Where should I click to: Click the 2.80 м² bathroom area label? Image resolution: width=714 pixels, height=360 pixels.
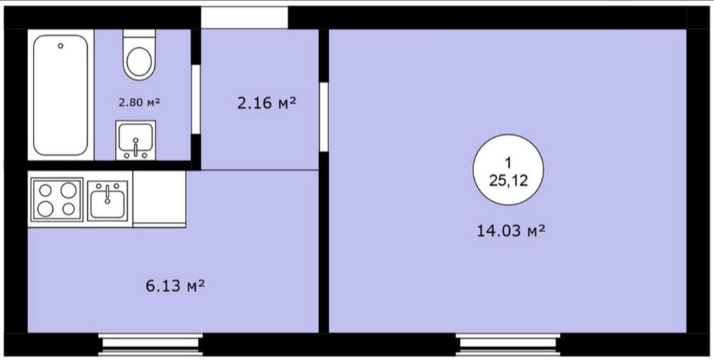click(139, 103)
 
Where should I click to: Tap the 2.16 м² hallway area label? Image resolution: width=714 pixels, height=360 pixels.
click(266, 104)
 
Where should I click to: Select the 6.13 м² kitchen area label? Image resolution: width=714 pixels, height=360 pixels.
click(175, 286)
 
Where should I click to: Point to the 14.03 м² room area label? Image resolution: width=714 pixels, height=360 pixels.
click(511, 231)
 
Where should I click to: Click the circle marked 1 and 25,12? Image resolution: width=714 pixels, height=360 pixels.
click(508, 169)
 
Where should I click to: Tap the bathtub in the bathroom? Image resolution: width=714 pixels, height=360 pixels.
click(60, 95)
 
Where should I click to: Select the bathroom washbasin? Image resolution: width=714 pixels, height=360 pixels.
click(136, 140)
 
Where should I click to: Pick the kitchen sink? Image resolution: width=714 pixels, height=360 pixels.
click(108, 201)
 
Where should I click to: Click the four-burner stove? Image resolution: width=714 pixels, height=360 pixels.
click(57, 199)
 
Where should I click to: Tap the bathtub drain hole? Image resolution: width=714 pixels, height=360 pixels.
click(60, 46)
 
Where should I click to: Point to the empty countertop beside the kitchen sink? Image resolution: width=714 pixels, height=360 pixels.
click(159, 199)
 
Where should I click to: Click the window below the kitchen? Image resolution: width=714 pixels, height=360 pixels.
click(150, 344)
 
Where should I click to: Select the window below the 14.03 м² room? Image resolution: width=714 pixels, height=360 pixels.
click(508, 344)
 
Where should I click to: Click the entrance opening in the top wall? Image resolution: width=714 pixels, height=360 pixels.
click(244, 17)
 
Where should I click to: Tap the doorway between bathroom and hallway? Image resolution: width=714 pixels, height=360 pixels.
click(196, 99)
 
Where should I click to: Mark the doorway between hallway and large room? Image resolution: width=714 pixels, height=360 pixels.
click(323, 117)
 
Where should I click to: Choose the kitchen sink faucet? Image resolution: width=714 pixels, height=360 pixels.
click(108, 194)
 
